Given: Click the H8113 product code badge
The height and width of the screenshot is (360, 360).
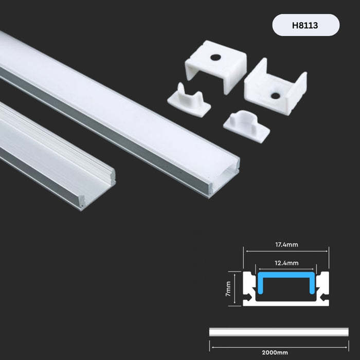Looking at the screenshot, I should [x=306, y=25].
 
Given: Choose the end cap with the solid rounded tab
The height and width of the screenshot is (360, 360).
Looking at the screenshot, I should [x=247, y=125].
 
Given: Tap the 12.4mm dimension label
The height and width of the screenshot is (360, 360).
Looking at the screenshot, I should [x=286, y=263].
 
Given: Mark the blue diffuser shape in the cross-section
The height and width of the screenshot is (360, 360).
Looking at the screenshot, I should [x=286, y=284].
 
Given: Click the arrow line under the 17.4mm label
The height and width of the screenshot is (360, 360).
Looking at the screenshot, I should [x=286, y=251].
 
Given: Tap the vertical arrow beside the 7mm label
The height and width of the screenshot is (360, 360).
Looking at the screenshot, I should [x=237, y=289].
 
